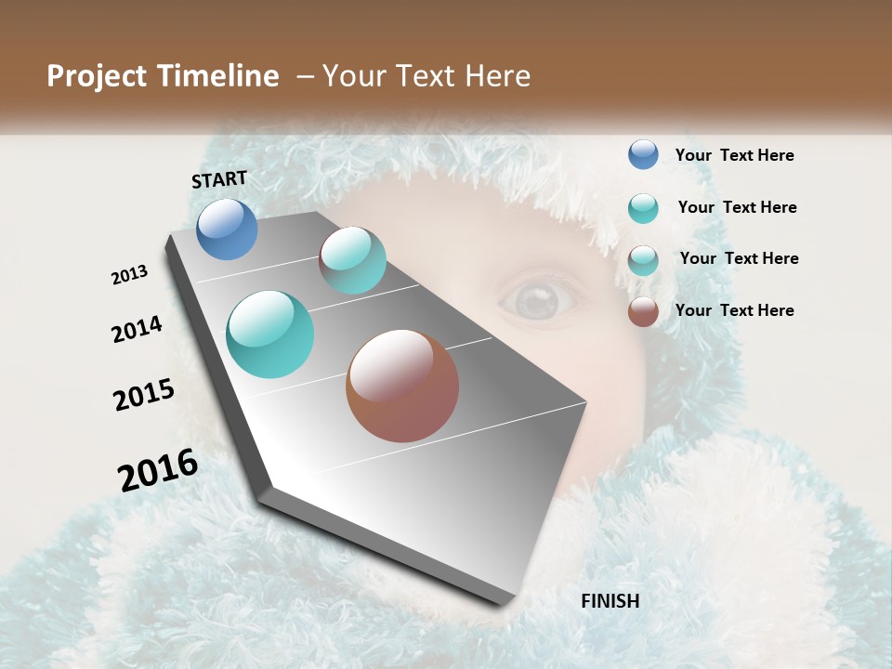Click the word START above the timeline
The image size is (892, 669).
point(219,179)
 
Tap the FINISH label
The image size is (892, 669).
point(610,601)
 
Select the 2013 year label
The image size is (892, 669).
point(130,275)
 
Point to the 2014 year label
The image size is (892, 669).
point(137,329)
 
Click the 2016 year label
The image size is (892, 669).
point(158,470)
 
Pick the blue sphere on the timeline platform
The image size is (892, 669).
point(227,229)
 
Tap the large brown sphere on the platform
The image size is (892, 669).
point(402,386)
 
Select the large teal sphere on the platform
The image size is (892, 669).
point(270,334)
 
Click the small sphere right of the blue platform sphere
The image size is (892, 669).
point(352,260)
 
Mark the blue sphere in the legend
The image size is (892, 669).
point(643,154)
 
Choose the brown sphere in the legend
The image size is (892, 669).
point(643,311)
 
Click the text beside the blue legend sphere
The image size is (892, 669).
point(734,156)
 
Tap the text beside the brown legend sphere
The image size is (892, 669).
point(734,310)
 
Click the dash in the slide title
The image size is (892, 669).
point(305,76)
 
